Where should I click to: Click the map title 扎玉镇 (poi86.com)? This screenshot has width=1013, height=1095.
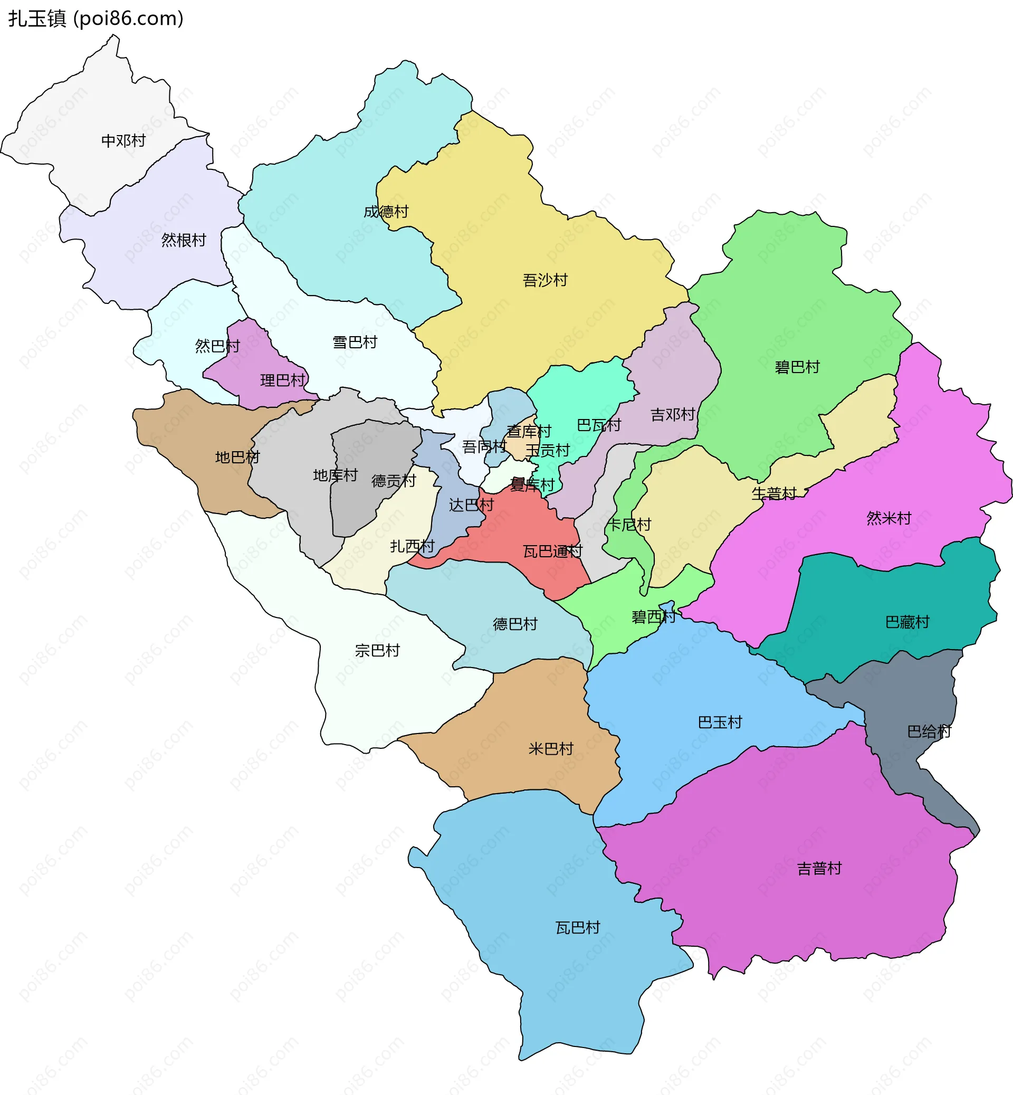(x=96, y=18)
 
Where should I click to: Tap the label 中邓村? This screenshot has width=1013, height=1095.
(x=123, y=141)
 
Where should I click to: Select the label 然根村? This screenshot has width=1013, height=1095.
(x=184, y=240)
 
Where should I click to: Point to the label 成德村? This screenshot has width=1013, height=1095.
(x=386, y=212)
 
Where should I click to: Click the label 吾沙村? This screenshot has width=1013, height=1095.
(x=545, y=280)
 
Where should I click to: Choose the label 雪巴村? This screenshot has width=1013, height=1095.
(x=355, y=342)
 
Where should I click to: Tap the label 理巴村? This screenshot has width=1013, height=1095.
(x=283, y=380)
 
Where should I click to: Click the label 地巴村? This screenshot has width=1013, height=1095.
(x=237, y=457)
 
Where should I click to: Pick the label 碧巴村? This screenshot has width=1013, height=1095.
(x=797, y=367)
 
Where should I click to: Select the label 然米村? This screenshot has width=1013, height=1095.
(x=888, y=518)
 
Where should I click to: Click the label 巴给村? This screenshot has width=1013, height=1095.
(x=929, y=731)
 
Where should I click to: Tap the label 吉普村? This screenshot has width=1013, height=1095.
(x=819, y=869)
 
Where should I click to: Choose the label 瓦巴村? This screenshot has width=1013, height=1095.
(x=578, y=927)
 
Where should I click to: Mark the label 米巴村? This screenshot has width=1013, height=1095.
(x=551, y=748)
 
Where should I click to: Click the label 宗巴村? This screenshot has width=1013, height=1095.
(x=377, y=650)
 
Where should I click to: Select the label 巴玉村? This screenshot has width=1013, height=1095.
(x=720, y=722)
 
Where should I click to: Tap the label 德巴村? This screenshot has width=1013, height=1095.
(x=515, y=624)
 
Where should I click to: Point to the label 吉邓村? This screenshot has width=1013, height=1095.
(x=673, y=415)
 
